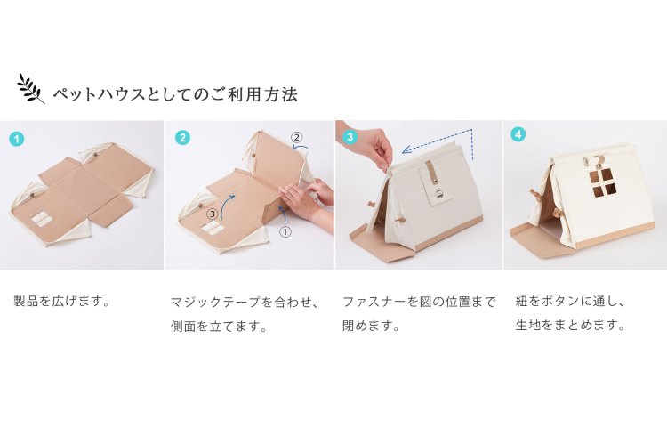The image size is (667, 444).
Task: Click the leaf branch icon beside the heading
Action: click(x=30, y=89)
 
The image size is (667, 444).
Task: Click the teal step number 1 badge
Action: click(x=17, y=139)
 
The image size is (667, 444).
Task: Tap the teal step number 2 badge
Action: click(x=182, y=138)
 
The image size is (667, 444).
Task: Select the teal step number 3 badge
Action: click(x=350, y=137)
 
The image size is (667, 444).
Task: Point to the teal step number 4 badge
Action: click(x=518, y=134)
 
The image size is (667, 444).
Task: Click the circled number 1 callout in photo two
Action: click(x=285, y=231)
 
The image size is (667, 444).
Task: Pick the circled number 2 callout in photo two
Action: click(x=297, y=137)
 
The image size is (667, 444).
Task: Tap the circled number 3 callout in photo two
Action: click(x=213, y=214)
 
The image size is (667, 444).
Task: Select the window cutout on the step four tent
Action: click(x=599, y=182)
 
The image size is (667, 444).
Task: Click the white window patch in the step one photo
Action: click(x=42, y=218)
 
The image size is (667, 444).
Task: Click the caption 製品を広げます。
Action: click(x=62, y=302)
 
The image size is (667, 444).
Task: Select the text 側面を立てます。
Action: click(x=220, y=326)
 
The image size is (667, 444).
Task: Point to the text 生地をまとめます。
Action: click(x=571, y=326)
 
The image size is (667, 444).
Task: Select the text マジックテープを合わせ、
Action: click(x=245, y=302)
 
